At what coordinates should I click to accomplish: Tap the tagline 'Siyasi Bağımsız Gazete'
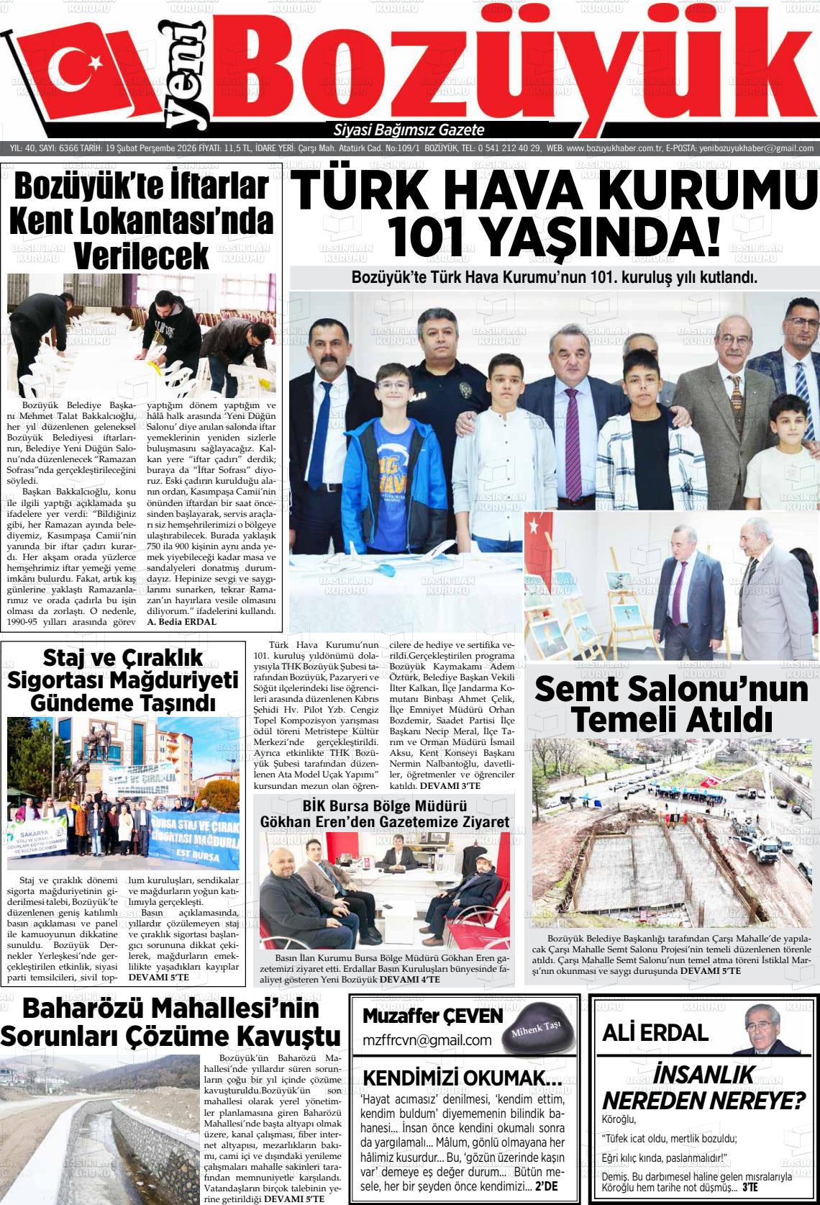click(409, 130)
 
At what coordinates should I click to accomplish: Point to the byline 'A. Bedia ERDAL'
click(181, 621)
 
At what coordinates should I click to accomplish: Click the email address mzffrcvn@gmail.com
click(427, 1039)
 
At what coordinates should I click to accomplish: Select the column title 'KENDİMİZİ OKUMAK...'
click(462, 1078)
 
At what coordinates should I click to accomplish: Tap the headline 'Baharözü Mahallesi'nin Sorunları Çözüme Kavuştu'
click(170, 1022)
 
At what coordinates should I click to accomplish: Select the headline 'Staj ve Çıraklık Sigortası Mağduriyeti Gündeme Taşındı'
click(123, 680)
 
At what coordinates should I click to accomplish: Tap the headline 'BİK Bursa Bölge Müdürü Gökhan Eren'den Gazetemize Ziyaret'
click(385, 813)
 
